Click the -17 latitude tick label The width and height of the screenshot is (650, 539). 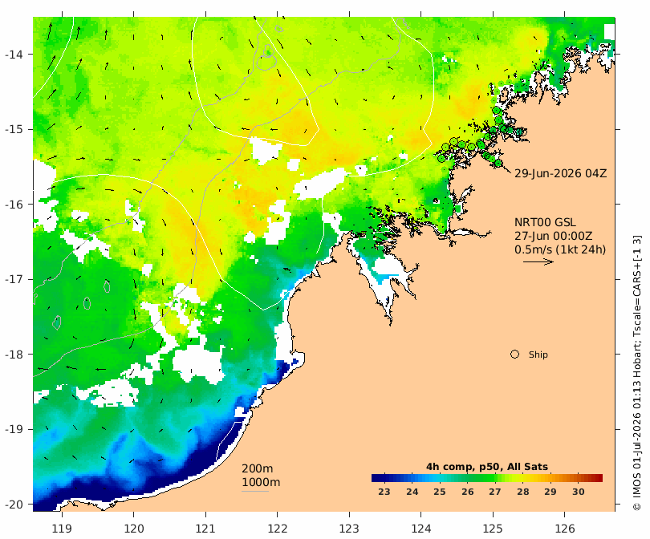15,279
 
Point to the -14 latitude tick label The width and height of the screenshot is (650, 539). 15,55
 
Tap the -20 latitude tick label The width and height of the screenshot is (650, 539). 15,505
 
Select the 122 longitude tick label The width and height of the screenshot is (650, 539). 278,529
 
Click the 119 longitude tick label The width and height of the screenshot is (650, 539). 62,529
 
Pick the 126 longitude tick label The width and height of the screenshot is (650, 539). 565,529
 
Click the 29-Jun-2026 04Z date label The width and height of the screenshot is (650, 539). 560,173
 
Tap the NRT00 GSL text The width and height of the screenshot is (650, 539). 545,222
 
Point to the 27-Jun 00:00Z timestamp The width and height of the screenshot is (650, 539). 554,236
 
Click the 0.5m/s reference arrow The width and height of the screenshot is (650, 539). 538,261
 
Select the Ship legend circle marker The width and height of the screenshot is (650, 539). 515,355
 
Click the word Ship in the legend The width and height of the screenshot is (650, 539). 538,355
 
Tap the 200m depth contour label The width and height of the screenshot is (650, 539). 258,468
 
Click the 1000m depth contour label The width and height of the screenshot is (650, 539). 261,482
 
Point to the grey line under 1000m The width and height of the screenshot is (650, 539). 255,492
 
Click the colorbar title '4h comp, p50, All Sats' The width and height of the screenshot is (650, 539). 487,467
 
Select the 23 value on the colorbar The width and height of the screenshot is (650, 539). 384,492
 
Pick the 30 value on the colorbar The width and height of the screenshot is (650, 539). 579,492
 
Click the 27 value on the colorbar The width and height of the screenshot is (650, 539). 495,492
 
